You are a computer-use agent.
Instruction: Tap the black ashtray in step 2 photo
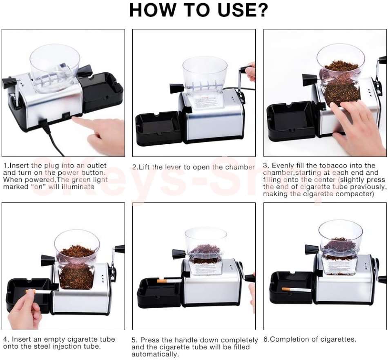pyautogui.click(x=158, y=127)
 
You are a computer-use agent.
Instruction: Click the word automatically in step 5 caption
pyautogui.click(x=155, y=354)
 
